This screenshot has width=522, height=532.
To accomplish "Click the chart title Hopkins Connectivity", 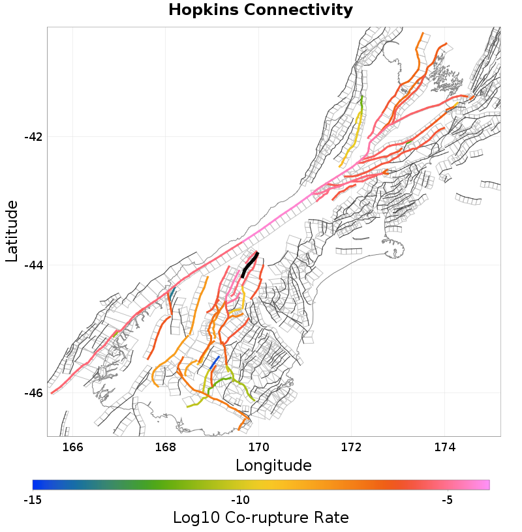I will coord(260,10).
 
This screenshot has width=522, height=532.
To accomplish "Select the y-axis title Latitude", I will coord(12,231).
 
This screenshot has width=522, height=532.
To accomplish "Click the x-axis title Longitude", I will coord(273,465).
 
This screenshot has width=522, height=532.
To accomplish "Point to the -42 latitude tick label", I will coord(33,137).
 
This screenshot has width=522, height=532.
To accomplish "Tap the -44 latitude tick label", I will coord(33,265).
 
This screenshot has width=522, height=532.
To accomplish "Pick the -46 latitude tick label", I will coord(33,393).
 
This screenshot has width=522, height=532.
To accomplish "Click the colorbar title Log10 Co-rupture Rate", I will coord(260,518).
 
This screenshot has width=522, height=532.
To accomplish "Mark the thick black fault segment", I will coord(250,264).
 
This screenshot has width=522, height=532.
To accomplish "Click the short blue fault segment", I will coord(215,362).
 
